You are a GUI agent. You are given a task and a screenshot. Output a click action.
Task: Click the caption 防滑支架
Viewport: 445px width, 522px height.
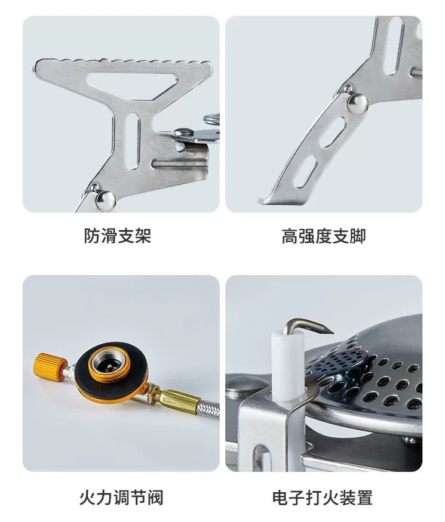pos(117,236)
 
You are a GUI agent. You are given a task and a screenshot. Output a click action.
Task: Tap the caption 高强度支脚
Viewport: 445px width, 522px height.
pos(324,236)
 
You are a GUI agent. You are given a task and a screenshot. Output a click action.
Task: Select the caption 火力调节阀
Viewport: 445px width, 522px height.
pos(121,498)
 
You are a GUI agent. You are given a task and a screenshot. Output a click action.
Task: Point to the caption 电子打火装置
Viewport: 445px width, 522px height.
pos(323,498)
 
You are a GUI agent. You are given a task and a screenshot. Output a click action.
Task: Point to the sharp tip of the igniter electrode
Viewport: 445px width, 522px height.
pos(332,332)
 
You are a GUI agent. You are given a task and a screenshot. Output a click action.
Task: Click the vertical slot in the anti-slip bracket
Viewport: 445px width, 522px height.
pos(133,141)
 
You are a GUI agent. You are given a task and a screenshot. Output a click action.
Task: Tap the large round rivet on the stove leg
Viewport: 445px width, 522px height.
pos(358,104)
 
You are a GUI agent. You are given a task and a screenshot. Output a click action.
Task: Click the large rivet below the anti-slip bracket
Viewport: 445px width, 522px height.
pos(106,200)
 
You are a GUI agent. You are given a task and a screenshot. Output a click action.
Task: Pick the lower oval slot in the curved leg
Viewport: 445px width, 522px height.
pos(305,171)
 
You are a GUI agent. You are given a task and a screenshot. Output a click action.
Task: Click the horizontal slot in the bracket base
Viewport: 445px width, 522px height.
pos(179,163)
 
